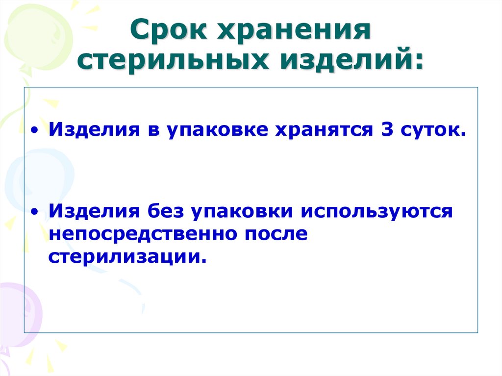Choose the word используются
pyautogui.click(x=376, y=211)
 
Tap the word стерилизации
pyautogui.click(x=125, y=256)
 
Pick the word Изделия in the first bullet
pyautogui.click(x=92, y=130)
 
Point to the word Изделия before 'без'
pyautogui.click(x=92, y=211)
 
